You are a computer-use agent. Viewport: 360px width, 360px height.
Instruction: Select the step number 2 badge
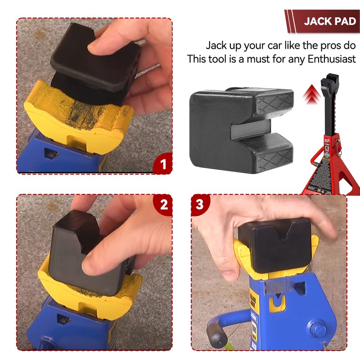[163, 205]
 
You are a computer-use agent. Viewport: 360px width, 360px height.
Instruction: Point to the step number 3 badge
[200, 205]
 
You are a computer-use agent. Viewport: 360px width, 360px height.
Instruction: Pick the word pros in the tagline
[318, 45]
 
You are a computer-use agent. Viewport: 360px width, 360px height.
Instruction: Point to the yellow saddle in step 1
[76, 110]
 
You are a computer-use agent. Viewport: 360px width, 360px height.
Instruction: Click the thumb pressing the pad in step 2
[97, 261]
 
